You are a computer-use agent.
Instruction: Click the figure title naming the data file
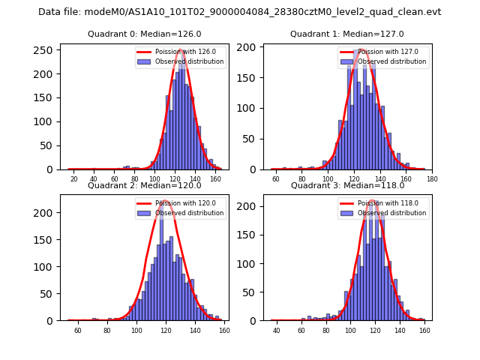(x=240, y=12)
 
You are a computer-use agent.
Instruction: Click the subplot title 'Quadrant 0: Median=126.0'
(x=144, y=34)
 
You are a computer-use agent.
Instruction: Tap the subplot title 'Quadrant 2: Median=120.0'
(x=144, y=185)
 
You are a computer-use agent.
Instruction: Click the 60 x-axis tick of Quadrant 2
(x=77, y=331)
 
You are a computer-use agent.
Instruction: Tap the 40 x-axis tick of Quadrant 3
(x=276, y=331)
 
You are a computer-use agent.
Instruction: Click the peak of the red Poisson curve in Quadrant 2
(x=162, y=201)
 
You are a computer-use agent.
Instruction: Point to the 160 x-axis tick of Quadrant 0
(x=215, y=179)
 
